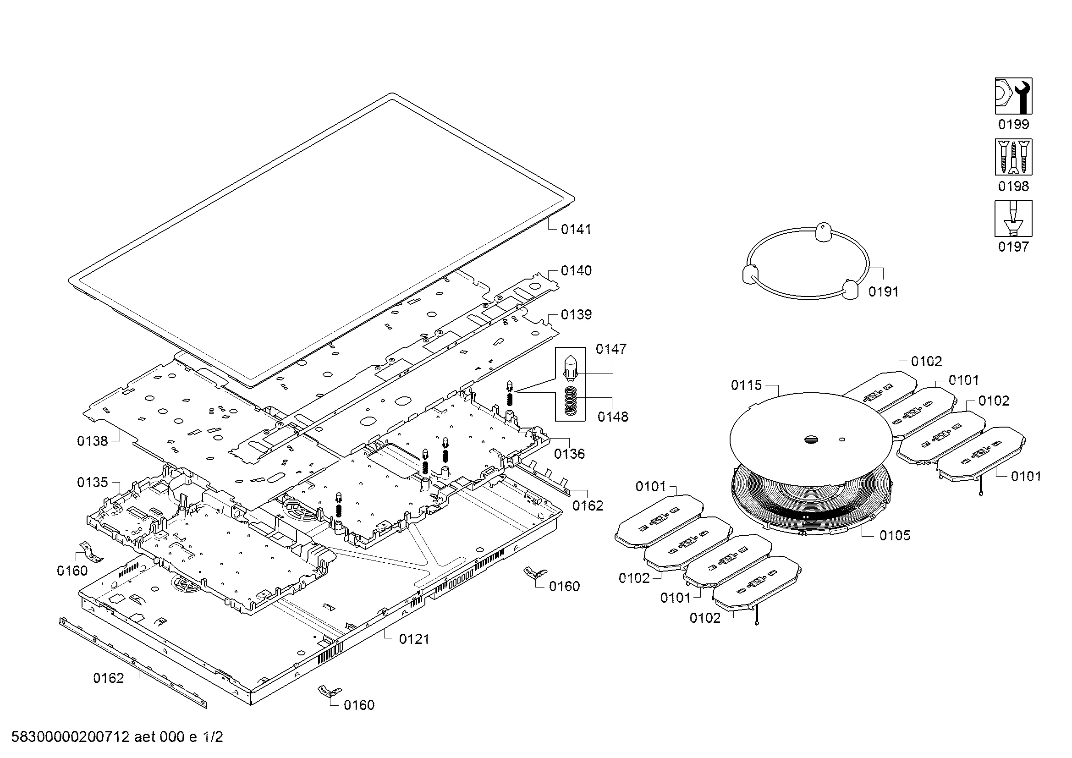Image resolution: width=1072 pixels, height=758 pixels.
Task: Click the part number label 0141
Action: tap(576, 229)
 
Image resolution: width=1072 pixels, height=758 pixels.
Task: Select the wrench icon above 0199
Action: tap(1013, 96)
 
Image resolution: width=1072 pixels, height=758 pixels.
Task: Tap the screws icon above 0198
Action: tap(1013, 157)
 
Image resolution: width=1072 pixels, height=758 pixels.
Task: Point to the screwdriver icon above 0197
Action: tap(1013, 218)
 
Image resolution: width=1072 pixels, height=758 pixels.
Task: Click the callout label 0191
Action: tap(883, 292)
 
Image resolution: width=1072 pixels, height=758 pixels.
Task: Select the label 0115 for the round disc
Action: tap(746, 385)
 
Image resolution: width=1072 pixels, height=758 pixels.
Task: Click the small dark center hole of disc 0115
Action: tap(811, 439)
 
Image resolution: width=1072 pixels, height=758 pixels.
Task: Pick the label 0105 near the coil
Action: tap(895, 535)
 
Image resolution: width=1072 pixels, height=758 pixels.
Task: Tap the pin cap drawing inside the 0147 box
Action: tap(570, 367)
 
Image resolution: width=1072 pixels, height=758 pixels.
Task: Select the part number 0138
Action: tap(93, 441)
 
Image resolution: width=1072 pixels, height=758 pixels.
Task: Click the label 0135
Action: tap(93, 482)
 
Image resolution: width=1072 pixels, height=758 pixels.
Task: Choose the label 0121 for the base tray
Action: tap(414, 639)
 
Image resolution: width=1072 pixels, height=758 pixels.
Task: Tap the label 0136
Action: tap(569, 454)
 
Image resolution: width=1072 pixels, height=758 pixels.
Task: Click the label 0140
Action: tap(576, 271)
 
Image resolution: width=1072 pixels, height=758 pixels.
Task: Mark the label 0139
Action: tap(576, 314)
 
